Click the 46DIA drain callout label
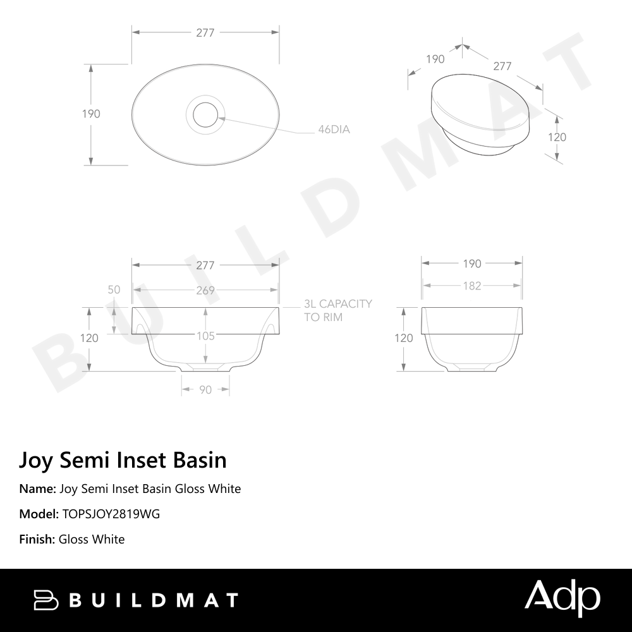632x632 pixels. [334, 130]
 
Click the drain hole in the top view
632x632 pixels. [205, 114]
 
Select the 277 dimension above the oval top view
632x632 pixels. [205, 33]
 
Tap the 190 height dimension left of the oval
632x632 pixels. [91, 114]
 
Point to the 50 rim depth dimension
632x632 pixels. [114, 290]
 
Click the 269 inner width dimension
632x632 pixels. [205, 291]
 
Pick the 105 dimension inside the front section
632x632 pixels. [205, 336]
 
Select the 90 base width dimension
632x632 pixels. [205, 390]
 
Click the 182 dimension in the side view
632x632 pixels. [471, 286]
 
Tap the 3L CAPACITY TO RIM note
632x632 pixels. [338, 310]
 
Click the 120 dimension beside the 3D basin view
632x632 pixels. [557, 137]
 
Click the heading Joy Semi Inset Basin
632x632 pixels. [123, 459]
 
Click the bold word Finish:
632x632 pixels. [37, 539]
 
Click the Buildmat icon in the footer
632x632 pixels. [46, 600]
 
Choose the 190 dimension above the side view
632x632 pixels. [471, 264]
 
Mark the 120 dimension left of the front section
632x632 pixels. [89, 338]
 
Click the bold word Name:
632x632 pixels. [37, 489]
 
